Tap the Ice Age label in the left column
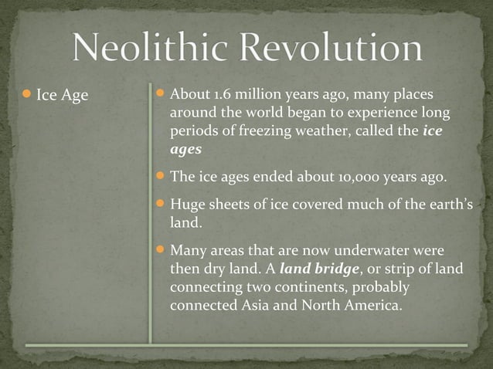click(63, 96)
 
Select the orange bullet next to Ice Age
click(26, 96)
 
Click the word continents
click(304, 286)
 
